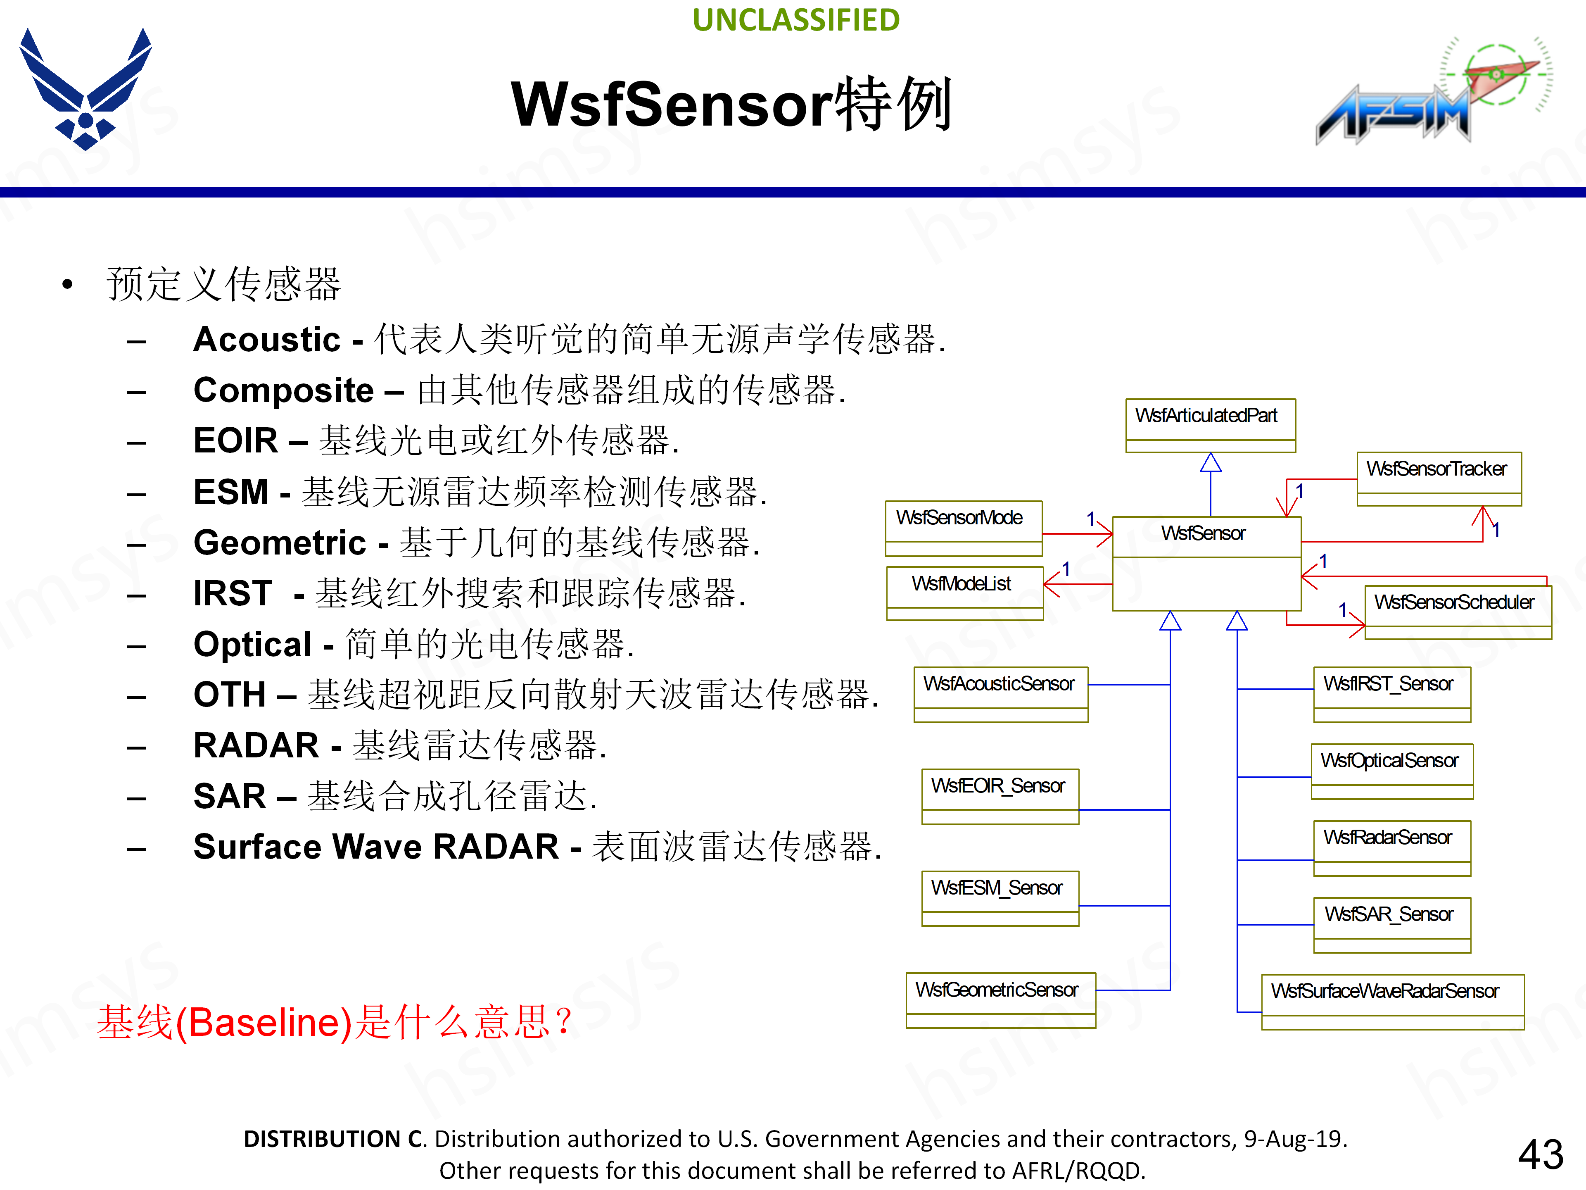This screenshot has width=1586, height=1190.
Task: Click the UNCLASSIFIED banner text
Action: (x=796, y=20)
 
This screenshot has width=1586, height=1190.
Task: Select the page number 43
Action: (x=1540, y=1154)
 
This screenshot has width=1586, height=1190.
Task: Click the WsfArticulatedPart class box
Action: (x=1210, y=425)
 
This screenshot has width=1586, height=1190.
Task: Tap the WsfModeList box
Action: (x=964, y=593)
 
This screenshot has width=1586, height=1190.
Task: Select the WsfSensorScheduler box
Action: (x=1457, y=611)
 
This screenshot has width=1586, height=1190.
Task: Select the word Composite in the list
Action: (x=283, y=390)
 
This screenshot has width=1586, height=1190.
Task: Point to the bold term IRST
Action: (x=232, y=593)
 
